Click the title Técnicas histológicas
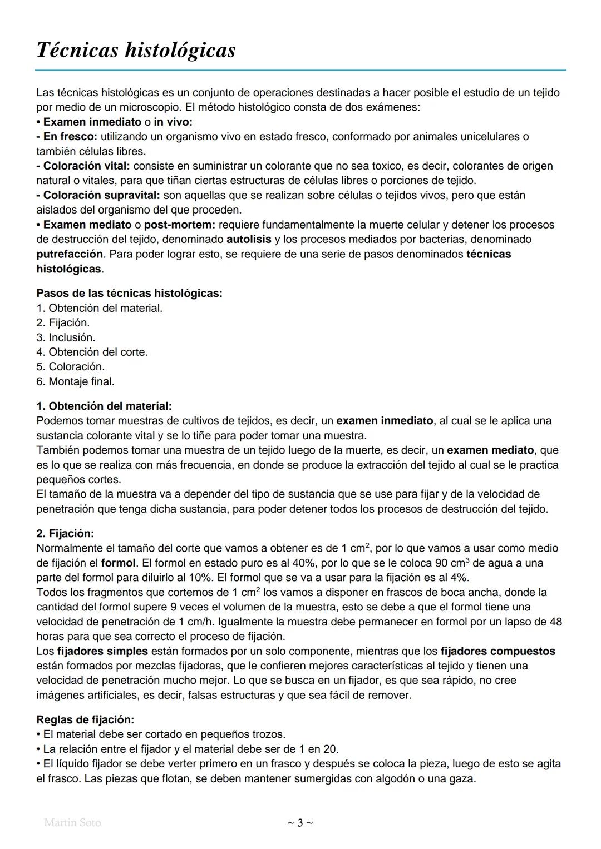click(136, 51)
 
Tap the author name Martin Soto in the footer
click(72, 822)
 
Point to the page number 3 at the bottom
click(300, 822)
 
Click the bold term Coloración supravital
click(101, 195)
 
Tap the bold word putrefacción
click(70, 254)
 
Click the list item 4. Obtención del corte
click(92, 352)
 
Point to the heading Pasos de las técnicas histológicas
click(129, 293)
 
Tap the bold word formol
click(118, 563)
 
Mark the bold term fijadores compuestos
click(497, 651)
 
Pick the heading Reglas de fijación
click(85, 719)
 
